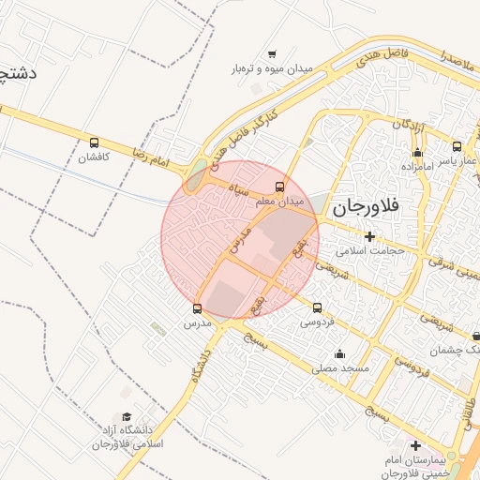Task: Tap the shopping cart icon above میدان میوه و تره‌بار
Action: click(272, 54)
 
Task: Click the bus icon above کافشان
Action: click(94, 142)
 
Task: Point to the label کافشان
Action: click(94, 157)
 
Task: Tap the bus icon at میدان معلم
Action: click(279, 187)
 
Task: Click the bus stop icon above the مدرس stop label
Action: click(197, 307)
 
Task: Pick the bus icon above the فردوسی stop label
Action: click(317, 307)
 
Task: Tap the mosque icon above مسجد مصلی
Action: click(339, 353)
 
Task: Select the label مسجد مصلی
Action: click(341, 368)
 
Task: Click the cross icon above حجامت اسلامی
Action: click(370, 235)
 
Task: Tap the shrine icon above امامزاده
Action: click(417, 153)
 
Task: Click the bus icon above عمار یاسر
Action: click(457, 146)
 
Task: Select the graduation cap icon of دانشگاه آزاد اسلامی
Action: click(126, 416)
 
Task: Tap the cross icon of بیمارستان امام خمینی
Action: click(415, 444)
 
